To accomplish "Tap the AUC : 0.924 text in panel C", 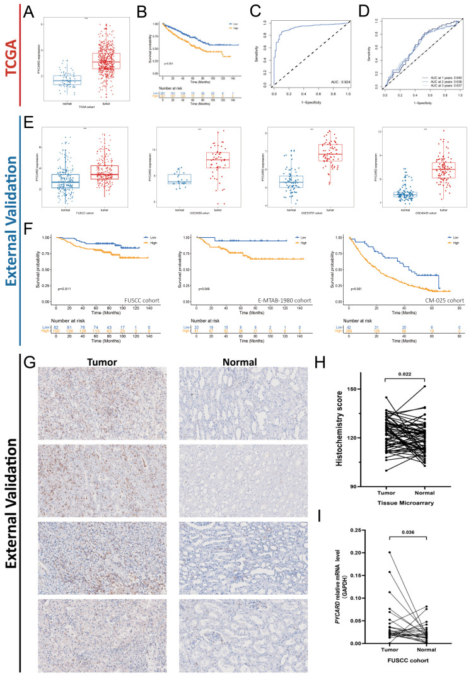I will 323,83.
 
